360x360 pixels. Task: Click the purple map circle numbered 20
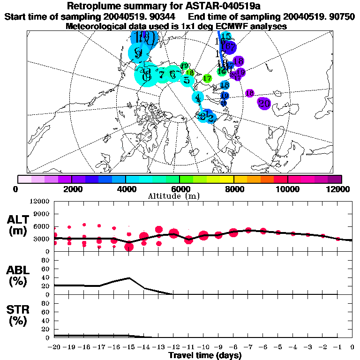pyautogui.click(x=264, y=104)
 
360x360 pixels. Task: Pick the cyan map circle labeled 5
pyautogui.click(x=187, y=80)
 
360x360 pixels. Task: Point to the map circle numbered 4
pyautogui.click(x=198, y=97)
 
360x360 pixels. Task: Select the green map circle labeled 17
pyautogui.click(x=207, y=78)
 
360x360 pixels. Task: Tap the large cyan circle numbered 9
pyautogui.click(x=138, y=53)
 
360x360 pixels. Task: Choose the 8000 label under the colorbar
pyautogui.click(x=233, y=189)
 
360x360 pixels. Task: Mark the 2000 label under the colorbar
pyautogui.click(x=71, y=189)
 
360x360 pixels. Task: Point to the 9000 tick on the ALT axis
pyautogui.click(x=42, y=214)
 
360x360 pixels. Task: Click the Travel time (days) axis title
pyautogui.click(x=205, y=355)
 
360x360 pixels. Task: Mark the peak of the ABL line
pyautogui.click(x=129, y=278)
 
